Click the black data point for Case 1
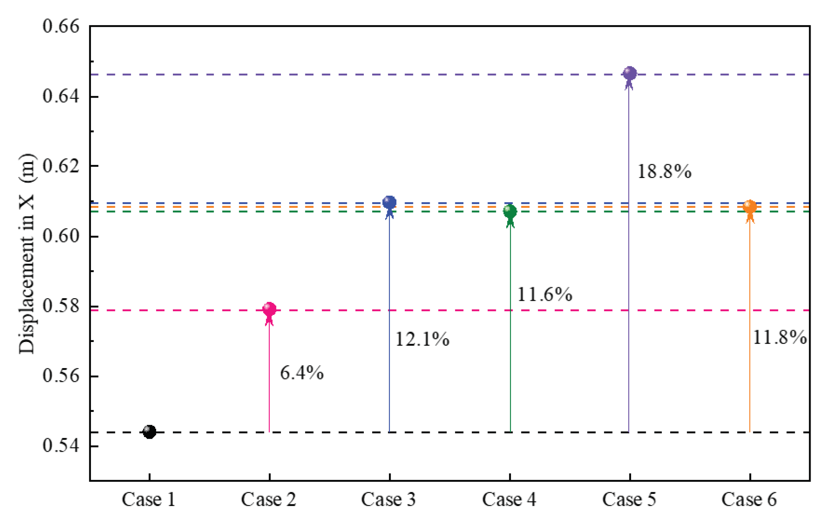149,432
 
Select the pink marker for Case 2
270,309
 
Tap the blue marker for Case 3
389,202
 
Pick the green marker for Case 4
510,211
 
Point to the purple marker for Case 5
630,73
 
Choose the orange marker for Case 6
750,206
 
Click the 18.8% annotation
664,171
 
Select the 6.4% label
302,373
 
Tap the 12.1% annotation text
422,339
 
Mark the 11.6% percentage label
545,294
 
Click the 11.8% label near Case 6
780,337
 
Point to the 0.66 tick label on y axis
56,26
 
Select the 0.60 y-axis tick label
56,236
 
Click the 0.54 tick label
56,445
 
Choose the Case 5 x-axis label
629,500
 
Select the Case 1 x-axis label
149,500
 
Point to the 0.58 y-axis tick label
56,306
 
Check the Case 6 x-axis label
749,500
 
